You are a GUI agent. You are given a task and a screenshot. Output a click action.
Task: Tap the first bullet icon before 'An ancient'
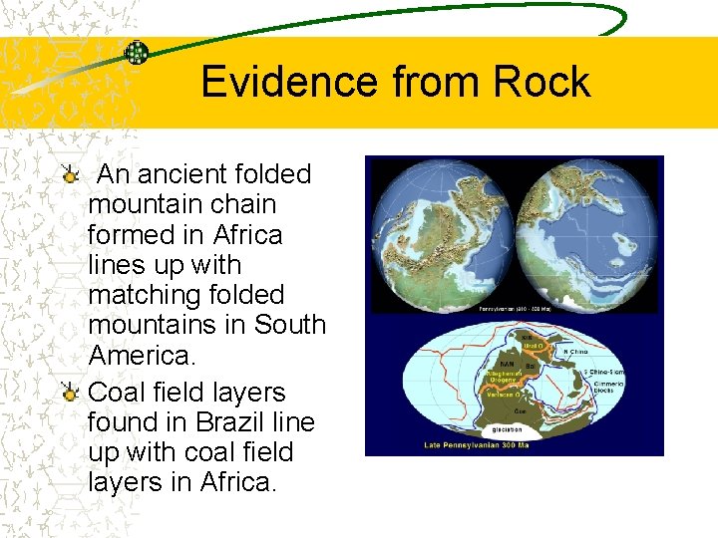pyautogui.click(x=69, y=176)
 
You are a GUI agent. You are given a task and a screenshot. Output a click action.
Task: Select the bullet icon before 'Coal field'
pyautogui.click(x=69, y=395)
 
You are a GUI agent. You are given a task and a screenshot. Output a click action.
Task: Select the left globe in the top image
pyautogui.click(x=440, y=233)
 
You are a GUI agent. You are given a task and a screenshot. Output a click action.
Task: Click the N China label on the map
pyautogui.click(x=576, y=352)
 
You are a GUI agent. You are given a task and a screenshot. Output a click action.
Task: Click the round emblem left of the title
pyautogui.click(x=137, y=53)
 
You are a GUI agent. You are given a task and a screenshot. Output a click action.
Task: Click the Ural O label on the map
pyautogui.click(x=534, y=346)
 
